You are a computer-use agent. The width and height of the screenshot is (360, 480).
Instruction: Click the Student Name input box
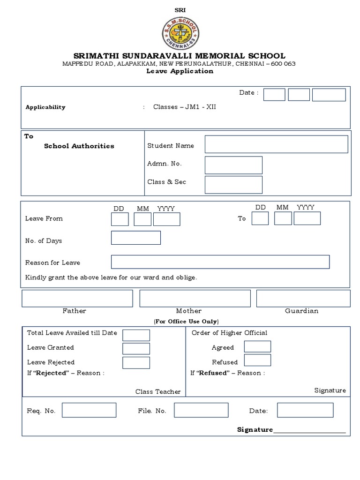(x=276, y=144)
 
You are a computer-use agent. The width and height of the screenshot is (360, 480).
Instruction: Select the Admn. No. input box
(x=233, y=165)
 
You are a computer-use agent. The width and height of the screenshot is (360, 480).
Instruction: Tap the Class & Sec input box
(x=233, y=184)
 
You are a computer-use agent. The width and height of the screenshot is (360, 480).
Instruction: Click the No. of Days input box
(x=135, y=238)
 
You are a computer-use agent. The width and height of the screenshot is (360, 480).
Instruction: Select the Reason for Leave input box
(x=220, y=262)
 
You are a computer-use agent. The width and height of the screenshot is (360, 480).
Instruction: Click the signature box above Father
(x=77, y=298)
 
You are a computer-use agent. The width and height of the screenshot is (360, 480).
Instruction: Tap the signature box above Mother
(x=195, y=298)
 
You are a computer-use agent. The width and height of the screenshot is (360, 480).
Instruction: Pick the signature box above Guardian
(x=303, y=298)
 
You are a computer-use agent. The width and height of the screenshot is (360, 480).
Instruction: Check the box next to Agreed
(x=257, y=346)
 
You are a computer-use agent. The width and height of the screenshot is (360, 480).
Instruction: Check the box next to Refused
(x=257, y=360)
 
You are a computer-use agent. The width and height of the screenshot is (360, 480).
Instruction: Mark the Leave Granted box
(x=136, y=348)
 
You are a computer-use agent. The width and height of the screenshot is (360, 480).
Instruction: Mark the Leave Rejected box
(x=136, y=362)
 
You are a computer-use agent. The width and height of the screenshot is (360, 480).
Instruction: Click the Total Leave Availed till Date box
(x=136, y=335)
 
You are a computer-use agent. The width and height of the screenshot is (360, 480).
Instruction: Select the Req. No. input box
(x=89, y=410)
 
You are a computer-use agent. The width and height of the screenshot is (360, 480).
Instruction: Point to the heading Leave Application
(x=180, y=71)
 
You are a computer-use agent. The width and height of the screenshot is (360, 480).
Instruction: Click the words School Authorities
(x=79, y=146)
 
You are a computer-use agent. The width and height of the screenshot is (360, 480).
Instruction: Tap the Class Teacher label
(x=158, y=391)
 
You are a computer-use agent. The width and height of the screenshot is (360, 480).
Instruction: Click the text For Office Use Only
(x=186, y=322)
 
